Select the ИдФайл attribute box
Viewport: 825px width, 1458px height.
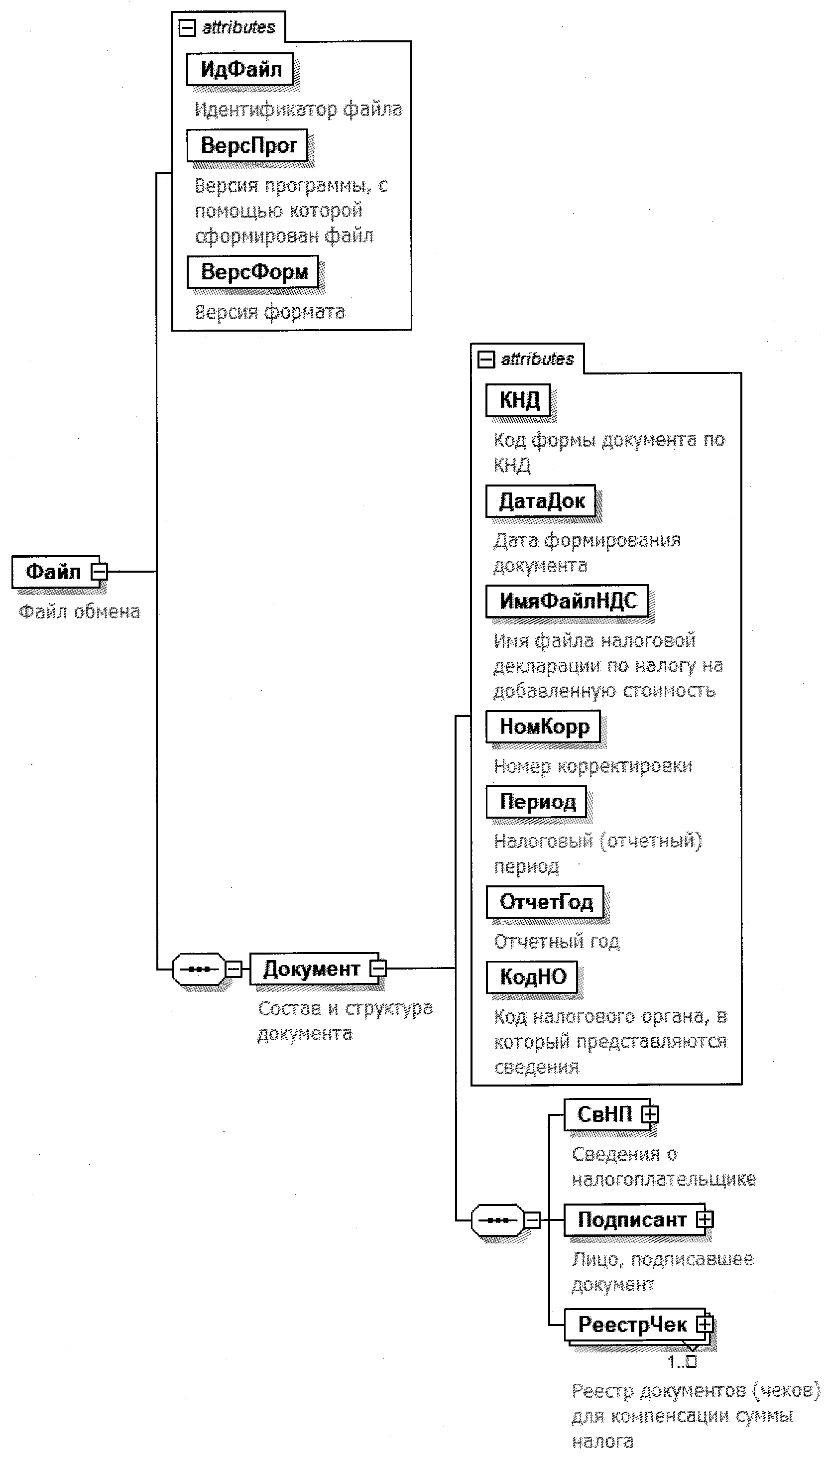tap(240, 69)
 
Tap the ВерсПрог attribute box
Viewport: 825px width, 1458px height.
tap(247, 145)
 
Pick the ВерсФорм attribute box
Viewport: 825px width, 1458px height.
tap(253, 271)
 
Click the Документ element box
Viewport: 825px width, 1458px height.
tap(311, 969)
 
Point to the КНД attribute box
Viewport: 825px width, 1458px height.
tap(518, 400)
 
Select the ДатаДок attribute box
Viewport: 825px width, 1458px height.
tap(541, 500)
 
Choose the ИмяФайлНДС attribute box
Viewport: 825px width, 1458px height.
tap(567, 601)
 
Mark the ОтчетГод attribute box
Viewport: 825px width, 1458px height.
tap(545, 902)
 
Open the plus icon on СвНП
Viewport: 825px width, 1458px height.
tap(650, 1114)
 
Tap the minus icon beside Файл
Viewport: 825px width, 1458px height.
tap(99, 571)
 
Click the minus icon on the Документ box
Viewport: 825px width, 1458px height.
tap(378, 969)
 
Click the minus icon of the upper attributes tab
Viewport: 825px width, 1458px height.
tap(187, 27)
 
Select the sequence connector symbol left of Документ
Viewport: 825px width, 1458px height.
tap(198, 969)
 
